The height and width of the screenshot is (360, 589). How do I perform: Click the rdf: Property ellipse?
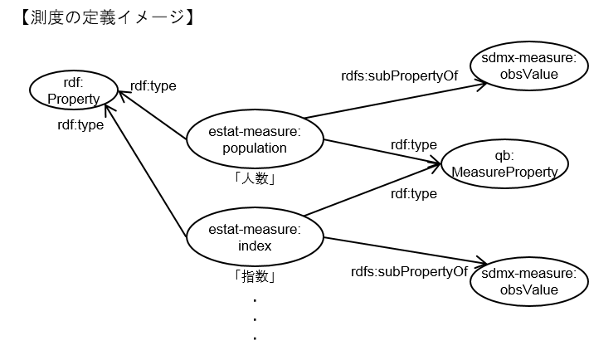click(74, 90)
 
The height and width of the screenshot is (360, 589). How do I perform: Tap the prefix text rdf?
click(74, 83)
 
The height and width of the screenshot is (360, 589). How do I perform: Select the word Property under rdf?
click(74, 100)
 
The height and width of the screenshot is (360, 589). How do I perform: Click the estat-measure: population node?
click(255, 139)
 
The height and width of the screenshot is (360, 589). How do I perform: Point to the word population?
click(255, 148)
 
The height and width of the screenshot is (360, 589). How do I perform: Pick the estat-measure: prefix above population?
click(255, 131)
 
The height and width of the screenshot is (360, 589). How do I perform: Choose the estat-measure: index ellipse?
click(255, 237)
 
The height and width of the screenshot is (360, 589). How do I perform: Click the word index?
click(255, 246)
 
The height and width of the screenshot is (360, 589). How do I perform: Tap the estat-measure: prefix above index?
click(255, 229)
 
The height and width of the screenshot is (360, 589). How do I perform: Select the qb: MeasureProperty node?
click(504, 163)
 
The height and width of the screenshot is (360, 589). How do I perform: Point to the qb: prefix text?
click(504, 154)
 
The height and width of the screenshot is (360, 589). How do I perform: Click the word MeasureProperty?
click(504, 171)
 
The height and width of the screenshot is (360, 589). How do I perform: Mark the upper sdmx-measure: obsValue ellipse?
click(528, 66)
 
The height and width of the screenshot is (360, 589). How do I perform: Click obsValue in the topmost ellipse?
click(528, 75)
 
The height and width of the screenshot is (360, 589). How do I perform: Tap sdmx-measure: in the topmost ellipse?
click(528, 58)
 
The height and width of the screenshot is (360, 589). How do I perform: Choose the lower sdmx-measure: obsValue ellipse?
click(528, 281)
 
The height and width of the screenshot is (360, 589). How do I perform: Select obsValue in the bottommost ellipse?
click(528, 289)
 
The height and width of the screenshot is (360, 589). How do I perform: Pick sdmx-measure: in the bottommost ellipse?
click(528, 273)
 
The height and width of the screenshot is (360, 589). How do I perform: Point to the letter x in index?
click(268, 246)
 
